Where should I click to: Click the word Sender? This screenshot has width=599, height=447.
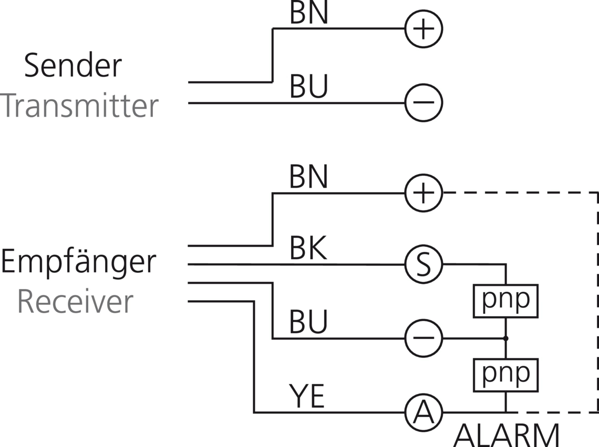(x=73, y=66)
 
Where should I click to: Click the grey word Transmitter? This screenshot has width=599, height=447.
(x=79, y=107)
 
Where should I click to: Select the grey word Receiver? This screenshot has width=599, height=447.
(x=75, y=302)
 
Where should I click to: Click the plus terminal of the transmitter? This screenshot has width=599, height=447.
(x=424, y=29)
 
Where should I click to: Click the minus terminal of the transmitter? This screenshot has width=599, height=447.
(x=424, y=102)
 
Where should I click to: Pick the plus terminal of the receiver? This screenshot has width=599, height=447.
(x=424, y=193)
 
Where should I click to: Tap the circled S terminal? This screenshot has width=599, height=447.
(x=424, y=264)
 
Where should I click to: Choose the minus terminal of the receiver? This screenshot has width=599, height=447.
(x=424, y=338)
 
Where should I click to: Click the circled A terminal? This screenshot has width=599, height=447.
(x=424, y=412)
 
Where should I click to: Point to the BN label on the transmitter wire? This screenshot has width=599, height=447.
(x=309, y=15)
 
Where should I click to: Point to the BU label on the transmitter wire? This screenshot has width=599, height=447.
(x=309, y=88)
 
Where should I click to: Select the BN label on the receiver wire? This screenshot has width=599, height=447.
(x=309, y=177)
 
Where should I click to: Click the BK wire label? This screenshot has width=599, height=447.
(x=309, y=250)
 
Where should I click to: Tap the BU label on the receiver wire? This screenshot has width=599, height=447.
(x=309, y=322)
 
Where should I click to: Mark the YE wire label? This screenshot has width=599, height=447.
(x=307, y=397)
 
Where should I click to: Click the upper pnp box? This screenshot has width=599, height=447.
(x=506, y=301)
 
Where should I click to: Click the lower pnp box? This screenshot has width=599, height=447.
(x=506, y=375)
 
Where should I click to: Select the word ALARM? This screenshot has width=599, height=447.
(x=507, y=435)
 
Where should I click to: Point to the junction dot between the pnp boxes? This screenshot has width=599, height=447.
(x=506, y=338)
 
